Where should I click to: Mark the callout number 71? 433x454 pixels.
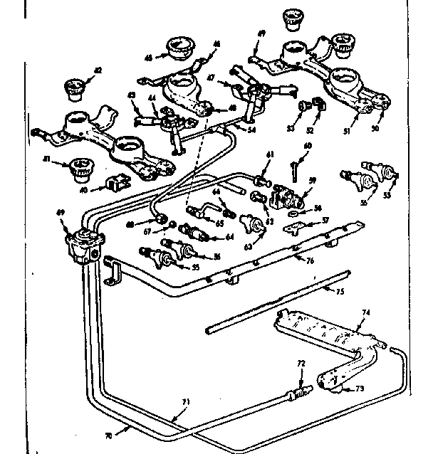pyautogui.click(x=187, y=403)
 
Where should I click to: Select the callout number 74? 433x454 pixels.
pyautogui.click(x=366, y=312)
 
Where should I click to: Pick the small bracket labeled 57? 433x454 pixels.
pyautogui.click(x=293, y=228)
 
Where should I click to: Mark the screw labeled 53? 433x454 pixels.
pyautogui.click(x=305, y=106)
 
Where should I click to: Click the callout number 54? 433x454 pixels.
pyautogui.click(x=231, y=130)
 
